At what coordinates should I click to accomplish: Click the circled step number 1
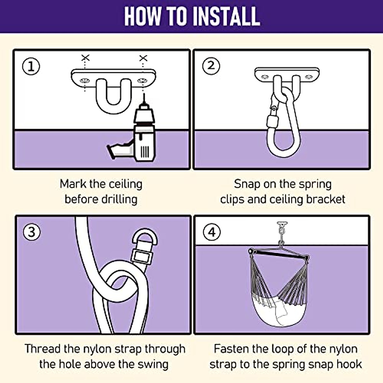point(31,66)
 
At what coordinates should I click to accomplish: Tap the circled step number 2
point(211,66)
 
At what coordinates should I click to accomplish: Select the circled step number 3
point(32,232)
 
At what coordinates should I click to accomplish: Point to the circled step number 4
point(212,232)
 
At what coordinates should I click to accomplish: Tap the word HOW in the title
point(142,16)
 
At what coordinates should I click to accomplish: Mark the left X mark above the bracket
point(86,58)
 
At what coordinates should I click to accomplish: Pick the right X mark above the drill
point(143,58)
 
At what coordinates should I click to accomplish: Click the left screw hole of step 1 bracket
point(85,81)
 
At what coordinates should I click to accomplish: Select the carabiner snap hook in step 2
point(283,124)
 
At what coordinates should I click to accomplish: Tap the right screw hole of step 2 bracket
point(308,77)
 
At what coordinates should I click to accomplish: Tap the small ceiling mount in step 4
point(282,224)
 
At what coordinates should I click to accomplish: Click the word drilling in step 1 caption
point(119,200)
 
